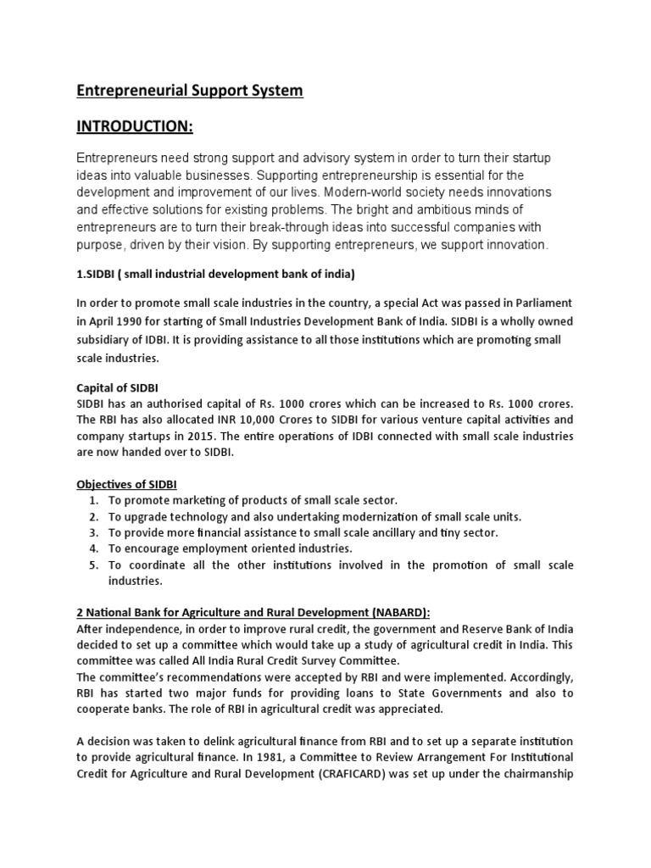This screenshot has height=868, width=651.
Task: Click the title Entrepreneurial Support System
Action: click(190, 91)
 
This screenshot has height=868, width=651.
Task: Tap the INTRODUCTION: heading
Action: click(135, 127)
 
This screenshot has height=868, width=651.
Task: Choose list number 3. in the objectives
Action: click(94, 532)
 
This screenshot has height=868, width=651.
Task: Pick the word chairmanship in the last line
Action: click(533, 772)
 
